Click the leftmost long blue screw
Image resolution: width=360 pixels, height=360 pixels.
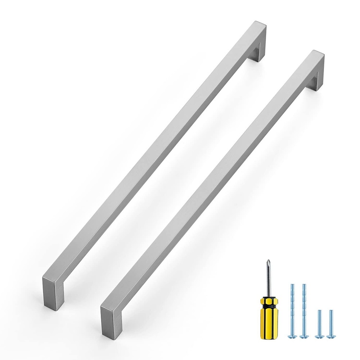point(292,310)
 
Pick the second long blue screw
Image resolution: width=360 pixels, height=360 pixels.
point(304,310)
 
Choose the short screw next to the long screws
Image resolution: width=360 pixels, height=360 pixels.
point(318,322)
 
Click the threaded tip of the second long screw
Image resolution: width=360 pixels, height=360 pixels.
point(304,286)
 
